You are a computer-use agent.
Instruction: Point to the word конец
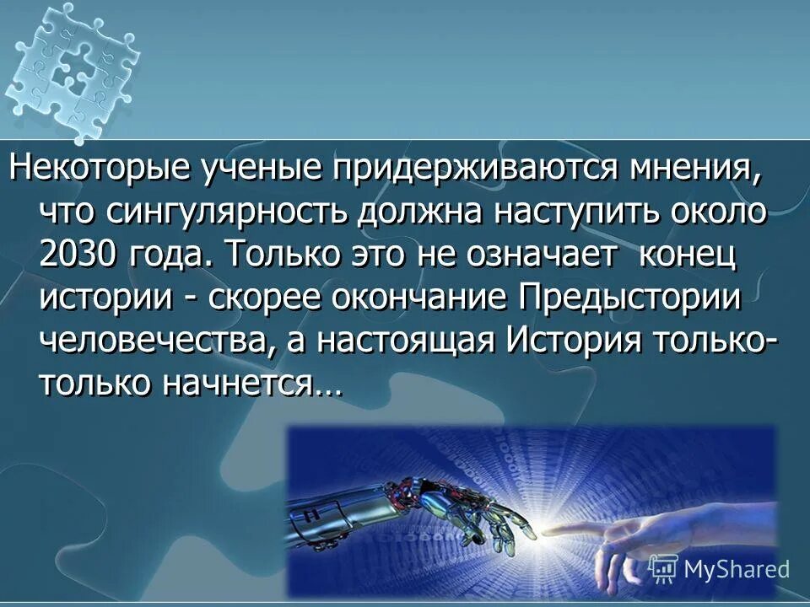687,255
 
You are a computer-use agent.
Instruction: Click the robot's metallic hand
422,510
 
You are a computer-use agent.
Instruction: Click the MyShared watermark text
735,569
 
